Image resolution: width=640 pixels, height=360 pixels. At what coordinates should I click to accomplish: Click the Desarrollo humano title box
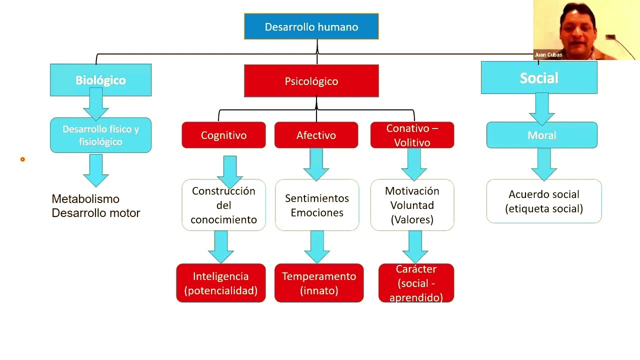311,27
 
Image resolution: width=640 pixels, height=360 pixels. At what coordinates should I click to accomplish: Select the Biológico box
100,80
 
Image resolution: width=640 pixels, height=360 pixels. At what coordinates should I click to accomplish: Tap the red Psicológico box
311,81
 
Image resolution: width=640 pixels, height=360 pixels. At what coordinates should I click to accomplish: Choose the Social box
539,78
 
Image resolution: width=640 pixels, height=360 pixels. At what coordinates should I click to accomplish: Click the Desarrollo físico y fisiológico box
100,135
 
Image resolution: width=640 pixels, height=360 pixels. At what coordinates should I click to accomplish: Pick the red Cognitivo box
223,135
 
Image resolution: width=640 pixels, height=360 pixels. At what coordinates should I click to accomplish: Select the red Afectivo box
316,135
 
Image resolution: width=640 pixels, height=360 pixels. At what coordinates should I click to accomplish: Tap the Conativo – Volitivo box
412,135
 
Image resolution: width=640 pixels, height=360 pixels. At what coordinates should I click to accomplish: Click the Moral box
541,135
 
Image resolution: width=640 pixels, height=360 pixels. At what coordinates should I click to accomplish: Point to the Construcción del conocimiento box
223,205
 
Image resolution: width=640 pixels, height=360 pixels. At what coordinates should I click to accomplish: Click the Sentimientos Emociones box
317,205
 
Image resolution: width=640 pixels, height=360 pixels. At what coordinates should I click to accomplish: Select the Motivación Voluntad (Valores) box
412,205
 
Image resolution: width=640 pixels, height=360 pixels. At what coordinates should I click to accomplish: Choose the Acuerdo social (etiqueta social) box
544,201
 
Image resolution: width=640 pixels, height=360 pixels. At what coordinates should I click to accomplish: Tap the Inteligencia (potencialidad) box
220,283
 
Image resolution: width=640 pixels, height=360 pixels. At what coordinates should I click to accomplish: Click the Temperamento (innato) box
319,283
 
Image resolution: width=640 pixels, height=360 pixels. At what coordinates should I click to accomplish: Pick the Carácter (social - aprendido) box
416,283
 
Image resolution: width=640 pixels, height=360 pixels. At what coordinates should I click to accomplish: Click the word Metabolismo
85,199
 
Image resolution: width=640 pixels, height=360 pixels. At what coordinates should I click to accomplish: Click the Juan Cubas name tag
548,55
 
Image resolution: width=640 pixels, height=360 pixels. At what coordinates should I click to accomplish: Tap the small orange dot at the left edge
22,159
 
